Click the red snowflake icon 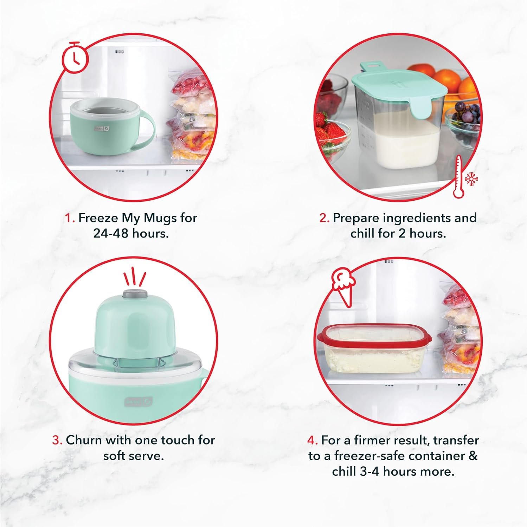pos(471,179)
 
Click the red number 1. pos(70,218)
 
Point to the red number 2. pos(324,218)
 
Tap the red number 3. pos(57,440)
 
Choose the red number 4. pos(312,440)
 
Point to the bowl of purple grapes pos(463,119)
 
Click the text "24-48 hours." pos(131,233)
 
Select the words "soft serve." pos(133,456)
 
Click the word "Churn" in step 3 pos(84,440)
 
